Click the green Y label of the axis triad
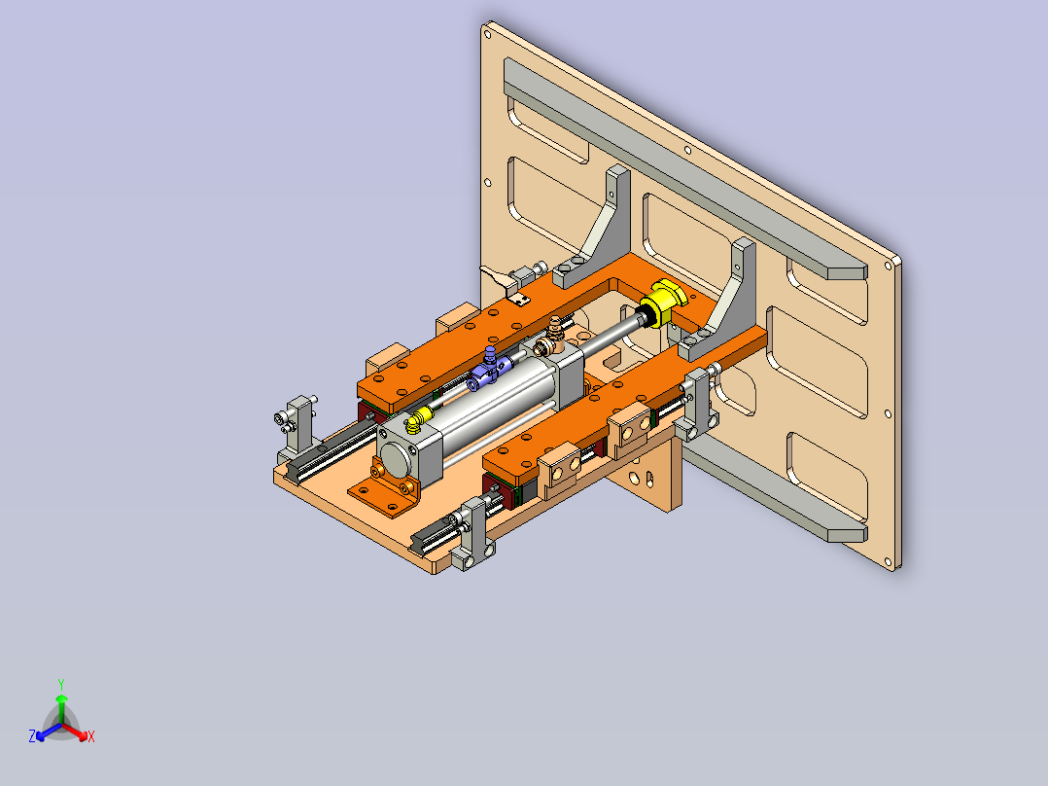pos(61,684)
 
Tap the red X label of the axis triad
pos(91,736)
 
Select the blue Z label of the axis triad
pos(31,736)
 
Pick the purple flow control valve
pos(489,370)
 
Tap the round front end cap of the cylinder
pos(395,459)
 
